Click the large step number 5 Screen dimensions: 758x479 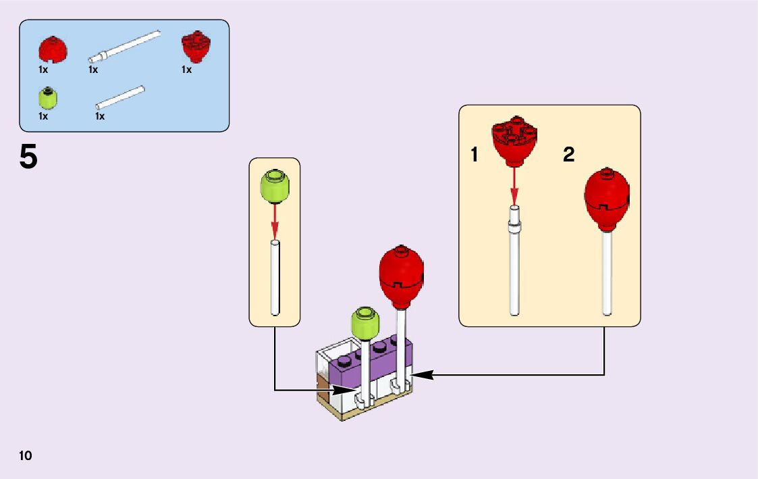28,157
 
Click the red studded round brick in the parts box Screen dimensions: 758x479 196,46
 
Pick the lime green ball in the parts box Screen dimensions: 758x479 48,98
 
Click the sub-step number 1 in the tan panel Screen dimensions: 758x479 475,155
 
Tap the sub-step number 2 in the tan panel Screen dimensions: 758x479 569,155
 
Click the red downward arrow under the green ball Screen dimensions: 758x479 275,220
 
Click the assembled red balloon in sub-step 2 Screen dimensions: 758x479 606,199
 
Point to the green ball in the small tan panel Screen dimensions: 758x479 275,186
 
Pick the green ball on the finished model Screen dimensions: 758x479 365,322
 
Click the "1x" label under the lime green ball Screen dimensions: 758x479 43,116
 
